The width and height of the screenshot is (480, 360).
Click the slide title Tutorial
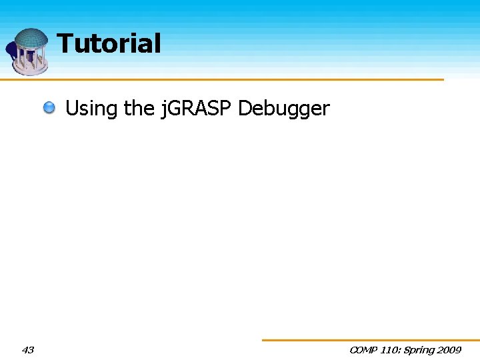(109, 44)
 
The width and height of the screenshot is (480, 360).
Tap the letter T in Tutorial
(65, 44)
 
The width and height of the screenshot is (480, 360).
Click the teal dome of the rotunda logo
(31, 38)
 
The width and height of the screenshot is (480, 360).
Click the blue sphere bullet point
(50, 107)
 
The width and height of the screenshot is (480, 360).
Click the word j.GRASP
(196, 109)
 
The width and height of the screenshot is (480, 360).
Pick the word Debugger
(283, 109)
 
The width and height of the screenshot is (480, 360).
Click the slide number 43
(28, 349)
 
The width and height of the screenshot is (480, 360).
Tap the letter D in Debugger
(244, 108)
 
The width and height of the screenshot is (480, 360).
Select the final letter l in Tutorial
(157, 44)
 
